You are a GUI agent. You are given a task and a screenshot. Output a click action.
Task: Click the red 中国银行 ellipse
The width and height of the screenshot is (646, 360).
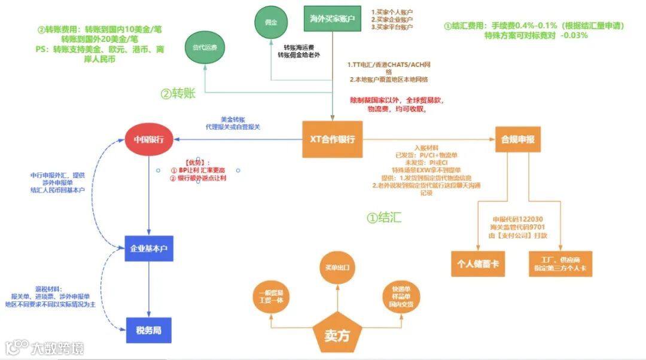click(149, 139)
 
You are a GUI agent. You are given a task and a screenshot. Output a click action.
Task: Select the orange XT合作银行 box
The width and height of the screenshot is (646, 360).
click(333, 139)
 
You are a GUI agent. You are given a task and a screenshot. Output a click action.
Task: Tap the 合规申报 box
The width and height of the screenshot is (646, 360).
click(518, 139)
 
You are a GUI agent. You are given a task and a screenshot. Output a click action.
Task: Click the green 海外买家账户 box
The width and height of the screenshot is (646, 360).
click(333, 19)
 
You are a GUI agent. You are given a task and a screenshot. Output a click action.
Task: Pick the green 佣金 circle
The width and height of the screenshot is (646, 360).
click(270, 23)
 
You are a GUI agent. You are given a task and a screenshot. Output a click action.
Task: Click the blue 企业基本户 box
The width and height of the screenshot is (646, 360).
click(149, 248)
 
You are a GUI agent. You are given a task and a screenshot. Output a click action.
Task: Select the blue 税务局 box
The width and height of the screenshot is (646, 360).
click(149, 330)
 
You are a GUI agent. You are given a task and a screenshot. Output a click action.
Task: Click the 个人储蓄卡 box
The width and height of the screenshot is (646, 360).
click(478, 264)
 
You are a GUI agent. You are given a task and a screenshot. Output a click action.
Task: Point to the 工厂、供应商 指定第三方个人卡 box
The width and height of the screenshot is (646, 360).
click(560, 264)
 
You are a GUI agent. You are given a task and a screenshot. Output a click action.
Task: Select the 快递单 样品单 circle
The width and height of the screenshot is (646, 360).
click(401, 297)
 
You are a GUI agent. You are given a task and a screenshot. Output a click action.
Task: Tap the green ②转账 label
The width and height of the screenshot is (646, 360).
click(178, 93)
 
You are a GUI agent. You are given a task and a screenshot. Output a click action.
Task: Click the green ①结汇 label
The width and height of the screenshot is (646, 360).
click(384, 218)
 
